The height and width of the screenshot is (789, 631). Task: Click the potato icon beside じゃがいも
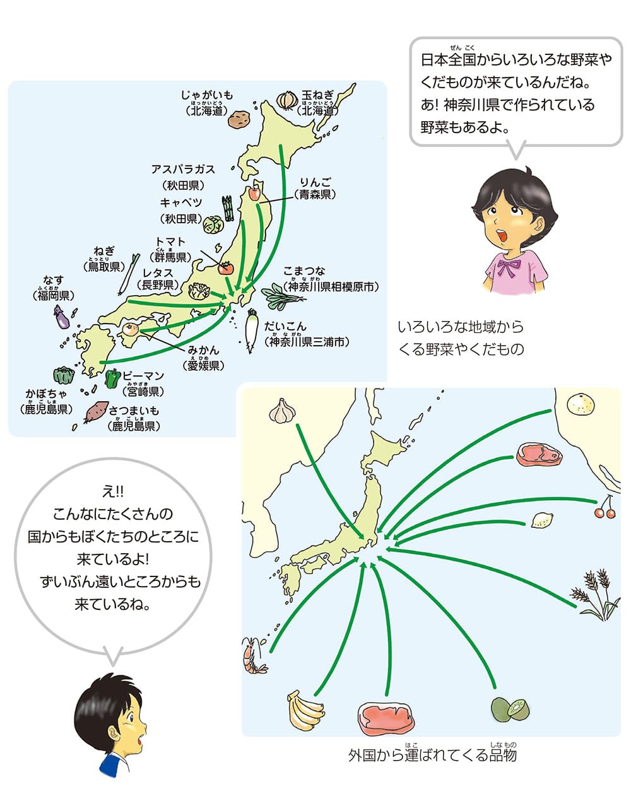click(x=239, y=119)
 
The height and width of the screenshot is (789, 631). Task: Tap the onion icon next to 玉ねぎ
click(x=288, y=99)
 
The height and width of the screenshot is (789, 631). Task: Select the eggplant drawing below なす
click(x=61, y=317)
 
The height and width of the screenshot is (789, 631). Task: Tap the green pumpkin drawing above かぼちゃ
click(x=64, y=376)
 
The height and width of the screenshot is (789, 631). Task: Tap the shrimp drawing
click(x=254, y=656)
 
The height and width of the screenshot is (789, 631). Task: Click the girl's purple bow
click(x=509, y=267)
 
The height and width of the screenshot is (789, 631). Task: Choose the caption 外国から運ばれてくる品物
click(x=432, y=754)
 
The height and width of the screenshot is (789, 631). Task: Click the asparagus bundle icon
click(x=227, y=206)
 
